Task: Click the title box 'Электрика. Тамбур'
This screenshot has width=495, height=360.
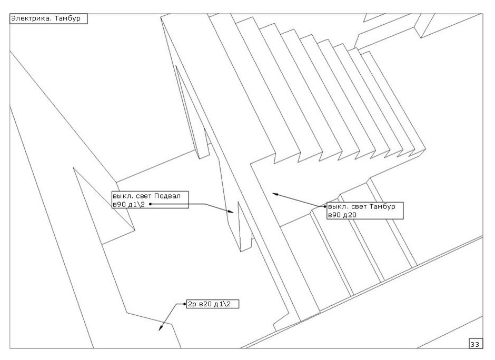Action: [47, 18]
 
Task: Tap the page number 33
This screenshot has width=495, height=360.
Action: [474, 344]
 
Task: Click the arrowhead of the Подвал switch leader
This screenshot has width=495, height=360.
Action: [231, 212]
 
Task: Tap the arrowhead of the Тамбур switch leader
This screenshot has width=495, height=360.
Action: [274, 194]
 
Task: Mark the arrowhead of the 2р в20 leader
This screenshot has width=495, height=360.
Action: [161, 329]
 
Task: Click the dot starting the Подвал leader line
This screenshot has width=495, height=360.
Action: [151, 204]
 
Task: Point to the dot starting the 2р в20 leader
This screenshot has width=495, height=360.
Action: [185, 304]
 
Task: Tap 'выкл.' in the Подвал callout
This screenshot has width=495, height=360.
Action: [122, 196]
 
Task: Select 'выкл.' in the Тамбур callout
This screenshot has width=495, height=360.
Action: [338, 206]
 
